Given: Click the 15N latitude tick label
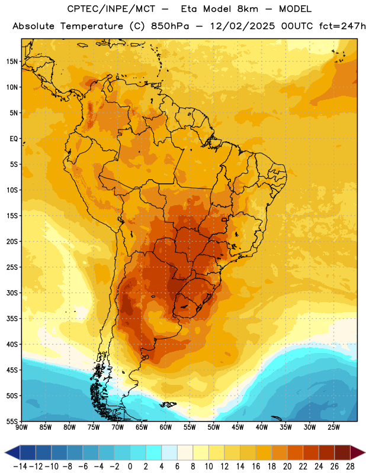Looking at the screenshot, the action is (12, 61).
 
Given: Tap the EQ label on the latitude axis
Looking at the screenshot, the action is (14, 139).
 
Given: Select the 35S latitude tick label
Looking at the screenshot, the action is (12, 319).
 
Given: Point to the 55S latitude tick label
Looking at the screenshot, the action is (12, 421).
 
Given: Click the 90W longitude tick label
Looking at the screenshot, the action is (21, 427).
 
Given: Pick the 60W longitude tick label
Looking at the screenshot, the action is (166, 427).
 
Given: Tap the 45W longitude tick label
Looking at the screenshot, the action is (237, 427).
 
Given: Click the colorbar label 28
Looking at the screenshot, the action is (350, 466).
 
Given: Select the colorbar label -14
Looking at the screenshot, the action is (20, 466).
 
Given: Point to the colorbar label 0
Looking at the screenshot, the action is (130, 466).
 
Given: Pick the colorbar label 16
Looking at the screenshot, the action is (256, 466).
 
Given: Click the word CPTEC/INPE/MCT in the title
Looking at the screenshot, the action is (111, 9).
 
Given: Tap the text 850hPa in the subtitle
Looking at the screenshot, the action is (170, 26).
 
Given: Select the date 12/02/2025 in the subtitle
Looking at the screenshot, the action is (243, 26).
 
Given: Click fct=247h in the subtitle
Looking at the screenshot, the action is (342, 26).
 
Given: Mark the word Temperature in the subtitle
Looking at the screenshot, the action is (92, 27).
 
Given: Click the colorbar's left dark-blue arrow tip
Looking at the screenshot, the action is (5, 453).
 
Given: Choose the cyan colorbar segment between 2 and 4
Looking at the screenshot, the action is (153, 453).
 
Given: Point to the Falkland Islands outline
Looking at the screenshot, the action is (168, 404).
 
